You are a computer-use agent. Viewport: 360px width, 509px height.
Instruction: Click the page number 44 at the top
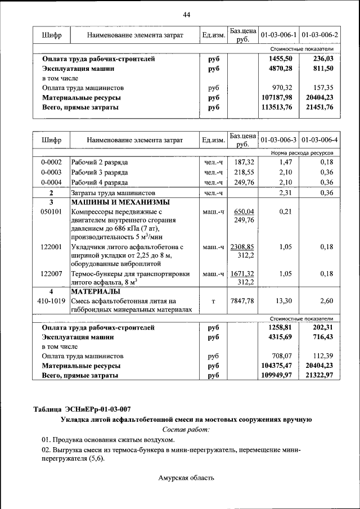(x=186, y=15)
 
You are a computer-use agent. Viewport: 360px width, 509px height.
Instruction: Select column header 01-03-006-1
(x=278, y=35)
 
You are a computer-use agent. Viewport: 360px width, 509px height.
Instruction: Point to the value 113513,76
(x=278, y=107)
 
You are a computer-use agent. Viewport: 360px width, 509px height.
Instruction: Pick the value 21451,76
(x=319, y=107)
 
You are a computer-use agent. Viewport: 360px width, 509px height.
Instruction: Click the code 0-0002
(x=51, y=162)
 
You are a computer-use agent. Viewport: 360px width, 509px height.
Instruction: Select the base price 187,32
(x=244, y=162)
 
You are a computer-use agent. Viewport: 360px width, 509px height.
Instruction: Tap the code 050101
(x=51, y=212)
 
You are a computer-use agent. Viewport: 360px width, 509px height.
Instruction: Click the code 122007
(x=51, y=274)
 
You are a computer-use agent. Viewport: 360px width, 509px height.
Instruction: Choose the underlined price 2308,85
(x=243, y=247)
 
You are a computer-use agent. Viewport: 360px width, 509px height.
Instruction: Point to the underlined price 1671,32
(x=243, y=274)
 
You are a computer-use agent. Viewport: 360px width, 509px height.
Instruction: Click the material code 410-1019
(x=51, y=301)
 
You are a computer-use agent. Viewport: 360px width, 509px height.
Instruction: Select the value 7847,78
(x=243, y=301)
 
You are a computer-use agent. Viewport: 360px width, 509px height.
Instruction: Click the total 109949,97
(x=278, y=375)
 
